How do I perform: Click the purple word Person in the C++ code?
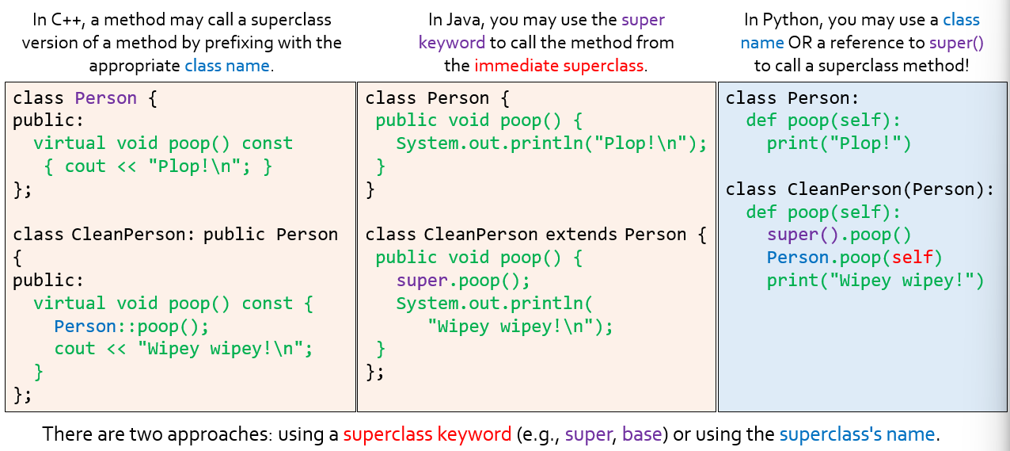pos(105,98)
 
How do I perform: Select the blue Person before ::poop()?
pos(85,327)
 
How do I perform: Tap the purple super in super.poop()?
pos(422,281)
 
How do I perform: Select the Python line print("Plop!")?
pos(839,143)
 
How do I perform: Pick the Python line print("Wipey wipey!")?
pos(875,281)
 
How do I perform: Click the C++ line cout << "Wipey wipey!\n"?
pos(184,349)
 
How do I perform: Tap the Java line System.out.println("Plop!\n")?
pos(551,143)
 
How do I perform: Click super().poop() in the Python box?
pos(839,235)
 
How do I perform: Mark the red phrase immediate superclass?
pos(559,66)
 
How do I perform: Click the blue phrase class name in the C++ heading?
pos(227,66)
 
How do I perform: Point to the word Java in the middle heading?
pos(461,20)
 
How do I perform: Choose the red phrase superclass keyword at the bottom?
pos(427,434)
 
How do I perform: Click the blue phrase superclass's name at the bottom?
pos(857,434)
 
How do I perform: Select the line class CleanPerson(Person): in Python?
pos(860,189)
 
